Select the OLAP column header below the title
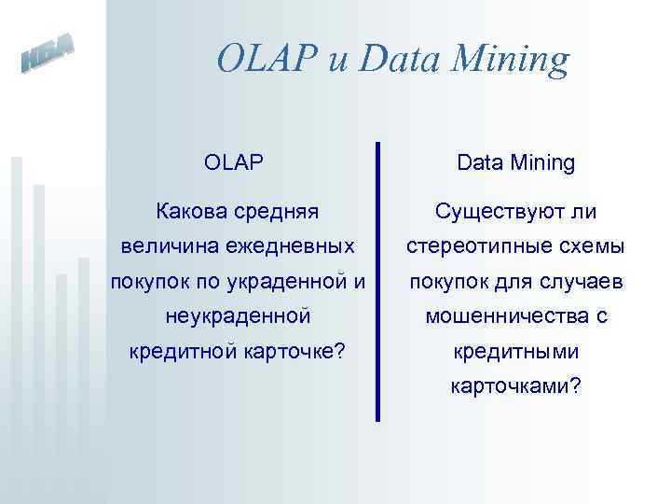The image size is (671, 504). tap(234, 162)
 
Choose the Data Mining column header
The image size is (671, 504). tap(515, 162)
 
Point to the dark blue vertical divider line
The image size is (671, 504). tap(377, 280)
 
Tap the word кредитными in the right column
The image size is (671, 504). tap(515, 353)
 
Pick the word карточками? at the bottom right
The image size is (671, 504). tap(515, 386)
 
